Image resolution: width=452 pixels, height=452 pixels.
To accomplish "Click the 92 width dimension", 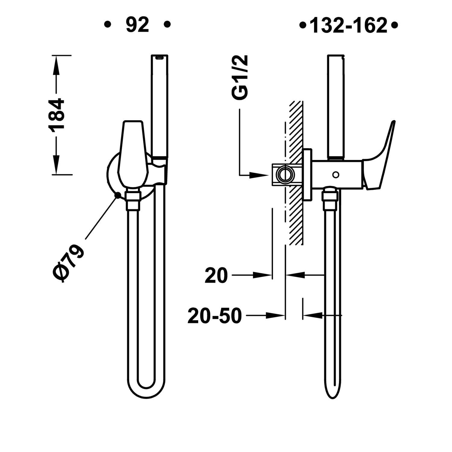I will pyautogui.click(x=137, y=25).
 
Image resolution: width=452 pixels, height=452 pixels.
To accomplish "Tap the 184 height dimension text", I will pyautogui.click(x=56, y=115).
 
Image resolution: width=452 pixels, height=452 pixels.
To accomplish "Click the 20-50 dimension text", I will pyautogui.click(x=215, y=316).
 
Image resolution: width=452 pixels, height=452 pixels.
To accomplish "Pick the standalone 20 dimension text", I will pyautogui.click(x=216, y=275).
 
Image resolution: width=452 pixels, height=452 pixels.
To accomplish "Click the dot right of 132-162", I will pyautogui.click(x=395, y=25).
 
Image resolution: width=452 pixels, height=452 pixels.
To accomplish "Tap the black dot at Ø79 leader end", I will pyautogui.click(x=118, y=195).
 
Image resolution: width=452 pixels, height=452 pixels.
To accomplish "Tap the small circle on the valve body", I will pyautogui.click(x=336, y=174).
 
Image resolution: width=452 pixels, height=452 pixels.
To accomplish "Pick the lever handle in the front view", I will pyautogui.click(x=133, y=154).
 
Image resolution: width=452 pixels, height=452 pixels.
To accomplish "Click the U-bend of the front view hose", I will pyautogui.click(x=146, y=390).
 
